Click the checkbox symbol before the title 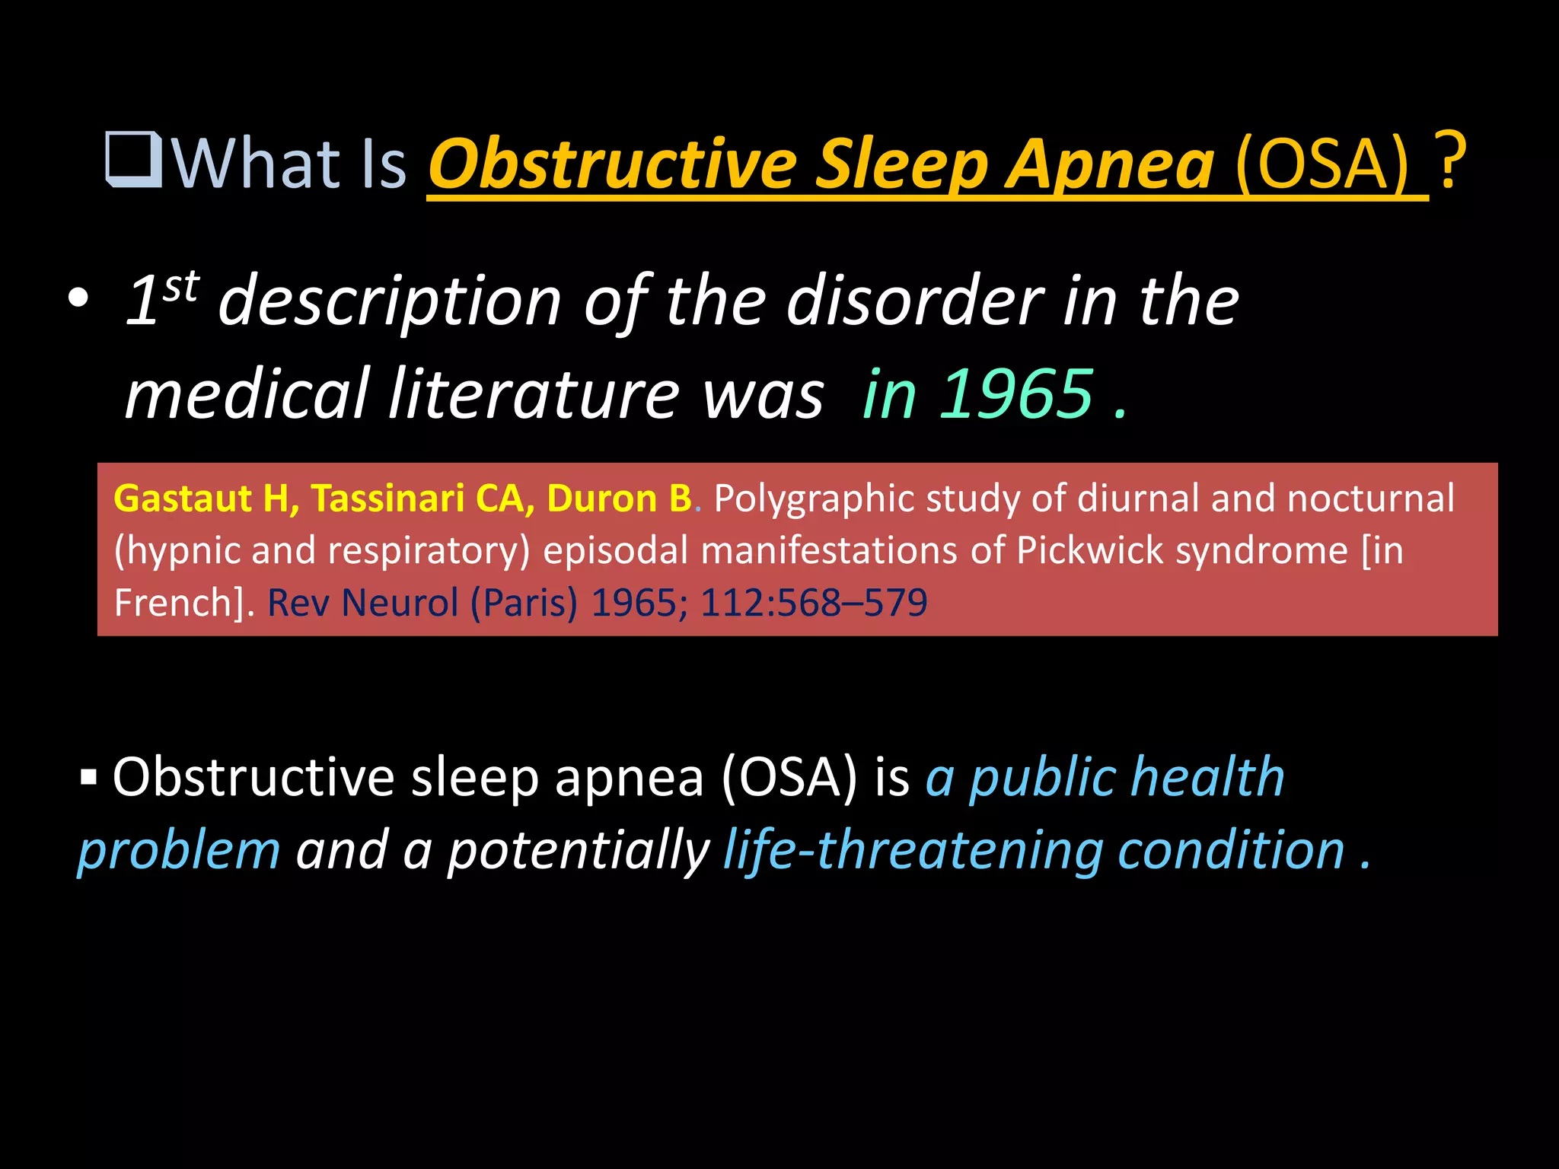click(134, 161)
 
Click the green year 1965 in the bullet click(1016, 393)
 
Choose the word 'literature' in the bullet click(533, 393)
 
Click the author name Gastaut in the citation click(183, 498)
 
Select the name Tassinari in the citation click(387, 498)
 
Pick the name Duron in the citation click(601, 498)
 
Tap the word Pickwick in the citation click(1089, 550)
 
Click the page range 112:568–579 click(814, 603)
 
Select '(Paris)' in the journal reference click(524, 603)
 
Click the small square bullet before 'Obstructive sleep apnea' click(89, 778)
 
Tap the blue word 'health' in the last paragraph click(1207, 777)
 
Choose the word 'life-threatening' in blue click(913, 849)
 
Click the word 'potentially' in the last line click(578, 851)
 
